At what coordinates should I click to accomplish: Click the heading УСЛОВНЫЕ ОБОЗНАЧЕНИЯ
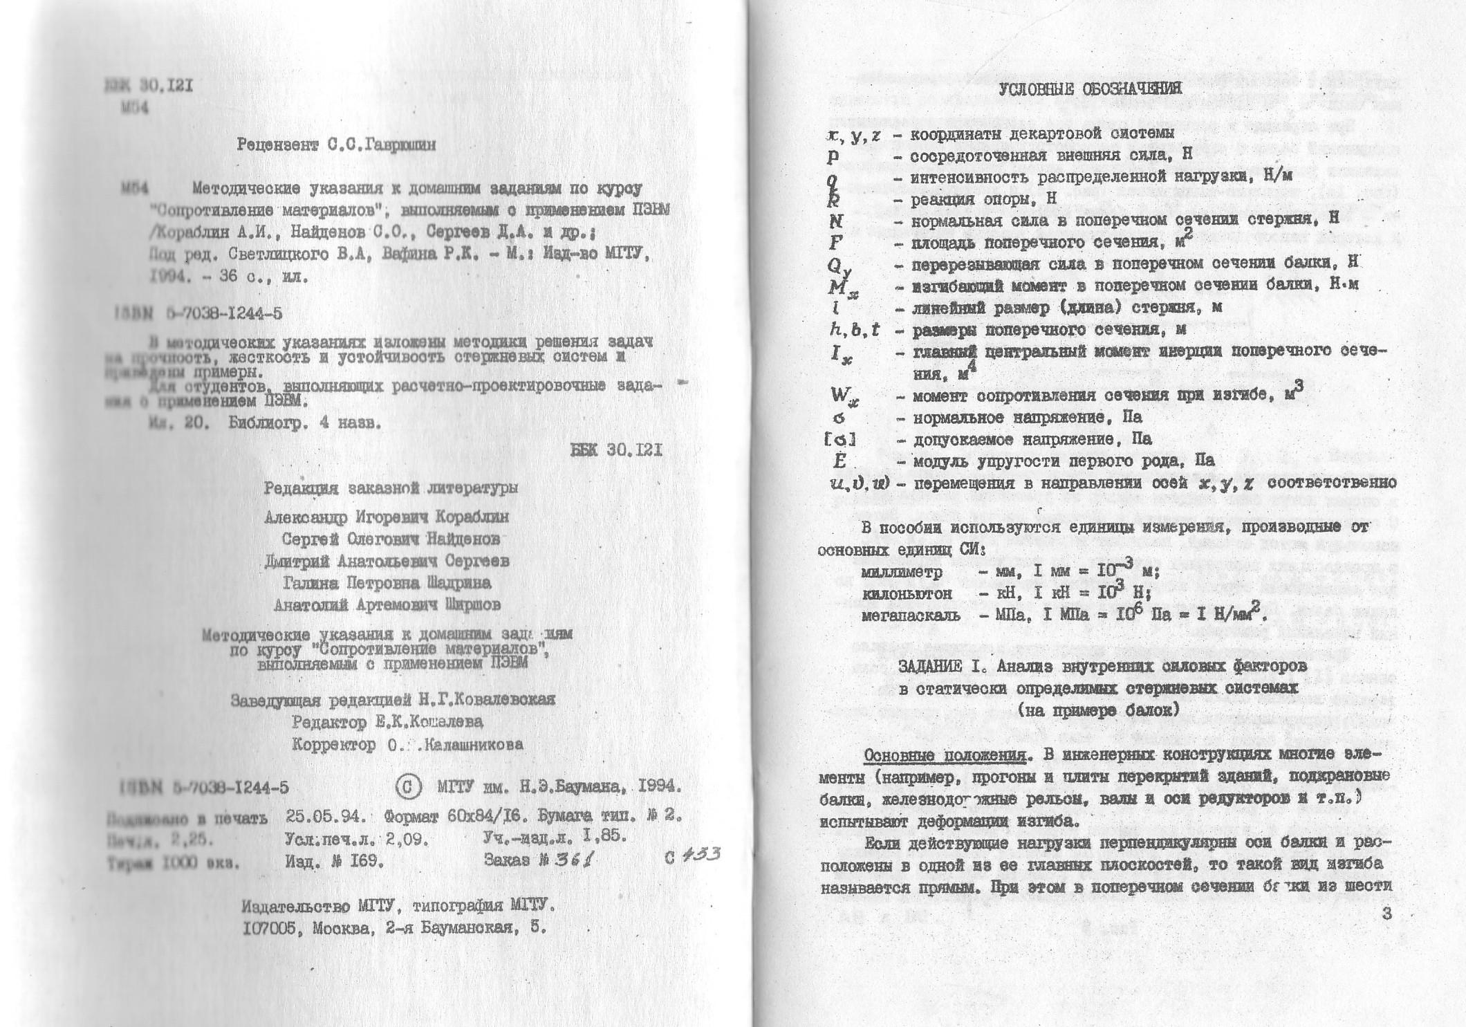pyautogui.click(x=1091, y=89)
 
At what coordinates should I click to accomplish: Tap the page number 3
pyautogui.click(x=1386, y=913)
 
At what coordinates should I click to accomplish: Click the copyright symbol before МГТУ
pyautogui.click(x=408, y=786)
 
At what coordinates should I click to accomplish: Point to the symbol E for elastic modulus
pyautogui.click(x=839, y=461)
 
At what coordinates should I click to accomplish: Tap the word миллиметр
pyautogui.click(x=902, y=573)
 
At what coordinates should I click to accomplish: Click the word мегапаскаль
pyautogui.click(x=911, y=615)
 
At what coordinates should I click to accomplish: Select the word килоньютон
pyautogui.click(x=907, y=593)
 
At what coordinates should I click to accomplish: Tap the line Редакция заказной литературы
pyautogui.click(x=391, y=488)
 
